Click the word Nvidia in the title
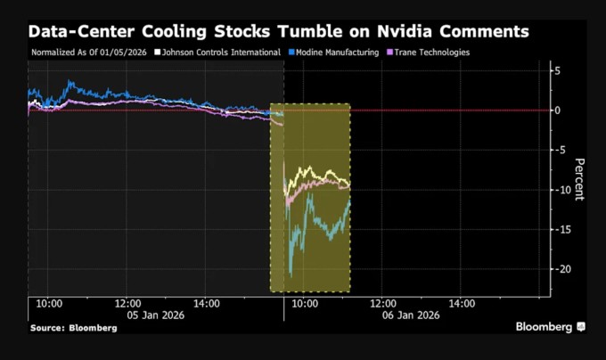click(422, 32)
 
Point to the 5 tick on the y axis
click(557, 70)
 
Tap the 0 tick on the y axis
click(557, 110)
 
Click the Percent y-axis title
click(578, 178)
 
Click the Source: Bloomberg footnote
click(72, 328)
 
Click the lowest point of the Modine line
click(290, 252)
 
